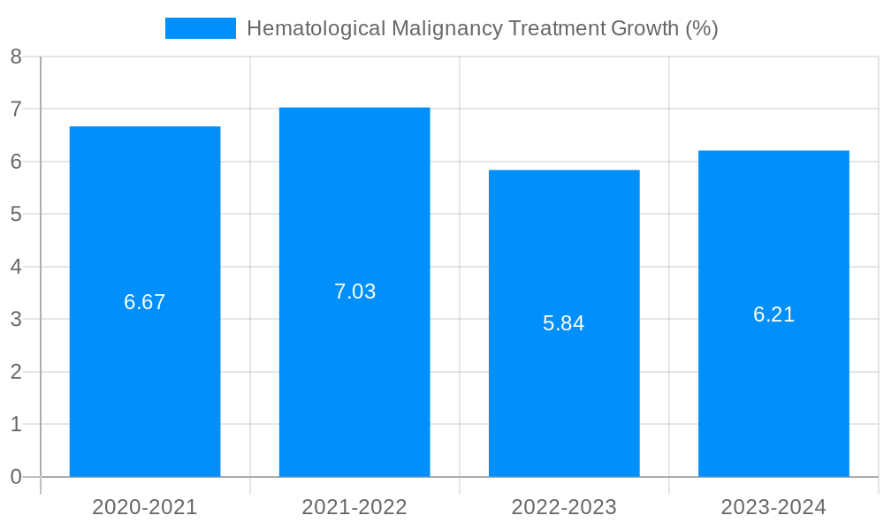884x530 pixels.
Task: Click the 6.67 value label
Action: [x=145, y=302]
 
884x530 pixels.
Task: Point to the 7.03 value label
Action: [x=354, y=291]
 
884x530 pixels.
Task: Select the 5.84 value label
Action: [x=564, y=323]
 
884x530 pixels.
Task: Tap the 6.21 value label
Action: [x=773, y=314]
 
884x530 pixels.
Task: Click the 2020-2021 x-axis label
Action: [x=145, y=507]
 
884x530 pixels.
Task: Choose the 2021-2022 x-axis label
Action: [x=354, y=507]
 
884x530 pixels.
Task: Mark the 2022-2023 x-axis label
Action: [x=564, y=507]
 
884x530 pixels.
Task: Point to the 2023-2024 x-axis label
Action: [x=773, y=507]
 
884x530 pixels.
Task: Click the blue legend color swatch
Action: [x=201, y=28]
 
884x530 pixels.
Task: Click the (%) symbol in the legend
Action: [x=702, y=28]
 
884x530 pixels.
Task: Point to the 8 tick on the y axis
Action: [x=16, y=57]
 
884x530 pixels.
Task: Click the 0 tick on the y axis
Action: [x=16, y=477]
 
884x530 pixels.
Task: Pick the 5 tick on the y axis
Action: [x=16, y=214]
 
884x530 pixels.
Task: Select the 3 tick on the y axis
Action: [x=16, y=319]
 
